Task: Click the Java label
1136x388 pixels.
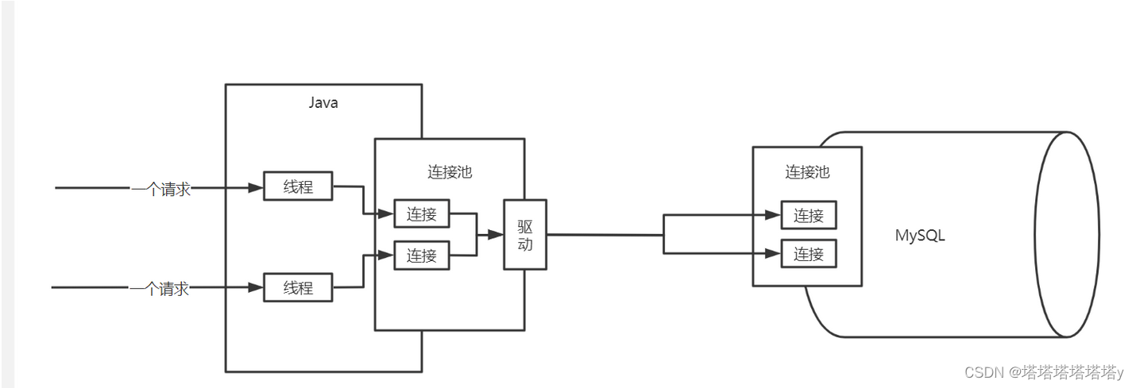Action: tap(323, 103)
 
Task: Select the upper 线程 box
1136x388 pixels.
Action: tap(298, 187)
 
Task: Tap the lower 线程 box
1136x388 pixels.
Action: tap(298, 288)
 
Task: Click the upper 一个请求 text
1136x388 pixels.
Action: tap(160, 189)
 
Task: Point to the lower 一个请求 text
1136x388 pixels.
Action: tap(160, 289)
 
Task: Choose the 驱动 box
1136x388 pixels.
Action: tap(525, 235)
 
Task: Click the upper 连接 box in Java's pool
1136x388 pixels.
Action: tap(422, 214)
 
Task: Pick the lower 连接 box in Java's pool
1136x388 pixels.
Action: tap(422, 255)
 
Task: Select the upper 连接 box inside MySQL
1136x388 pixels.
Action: tap(809, 215)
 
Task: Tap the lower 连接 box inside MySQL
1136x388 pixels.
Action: tap(809, 254)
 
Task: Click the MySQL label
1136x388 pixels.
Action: tap(920, 236)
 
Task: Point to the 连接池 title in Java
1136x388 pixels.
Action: tap(449, 172)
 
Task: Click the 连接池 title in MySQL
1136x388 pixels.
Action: tap(807, 171)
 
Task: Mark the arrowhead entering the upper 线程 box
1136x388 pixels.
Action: tap(256, 188)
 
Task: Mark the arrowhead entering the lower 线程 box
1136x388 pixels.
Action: tap(256, 288)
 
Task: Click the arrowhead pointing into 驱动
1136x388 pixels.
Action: tap(497, 235)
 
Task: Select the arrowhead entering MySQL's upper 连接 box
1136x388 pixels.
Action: tap(773, 215)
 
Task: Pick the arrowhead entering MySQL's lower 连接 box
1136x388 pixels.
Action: tap(773, 254)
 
